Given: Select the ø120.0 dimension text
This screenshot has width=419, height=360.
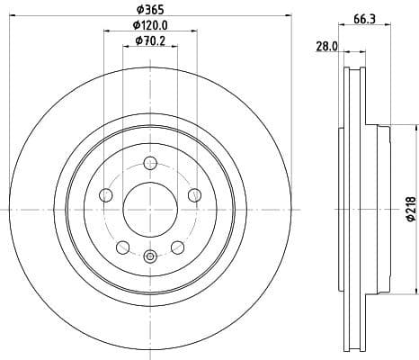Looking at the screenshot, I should [149, 25].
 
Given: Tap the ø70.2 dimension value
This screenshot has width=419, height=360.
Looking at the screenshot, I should [149, 40].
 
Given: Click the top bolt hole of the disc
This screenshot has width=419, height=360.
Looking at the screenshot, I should [150, 163].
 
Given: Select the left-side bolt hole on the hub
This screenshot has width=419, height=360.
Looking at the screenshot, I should [106, 195].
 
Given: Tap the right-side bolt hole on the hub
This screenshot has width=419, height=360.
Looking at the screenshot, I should [194, 195].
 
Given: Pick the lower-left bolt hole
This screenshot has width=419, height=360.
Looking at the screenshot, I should [123, 247].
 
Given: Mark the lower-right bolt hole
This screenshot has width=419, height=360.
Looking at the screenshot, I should [177, 247].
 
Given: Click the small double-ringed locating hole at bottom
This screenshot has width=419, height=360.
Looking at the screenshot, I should [150, 258].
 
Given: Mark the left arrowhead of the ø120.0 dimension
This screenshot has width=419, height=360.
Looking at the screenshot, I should [106, 31].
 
